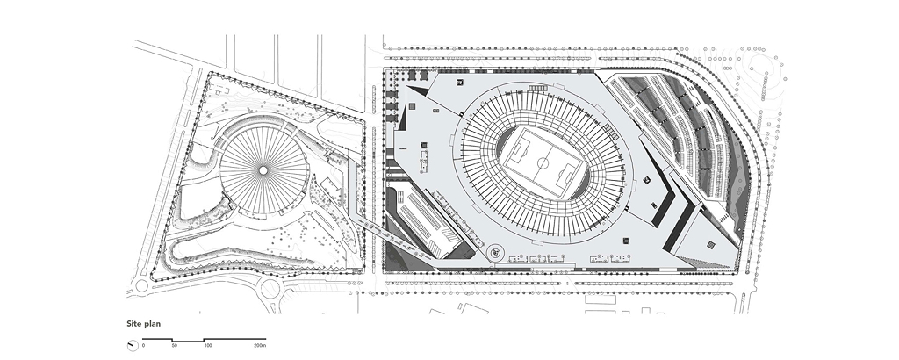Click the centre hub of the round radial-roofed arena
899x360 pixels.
coord(263,170)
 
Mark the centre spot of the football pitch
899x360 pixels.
coord(543,163)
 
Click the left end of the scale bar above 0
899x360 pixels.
coord(143,340)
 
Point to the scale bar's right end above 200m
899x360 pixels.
coord(265,340)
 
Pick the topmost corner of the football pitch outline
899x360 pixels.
coord(524,127)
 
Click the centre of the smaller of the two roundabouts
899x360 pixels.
coord(141,285)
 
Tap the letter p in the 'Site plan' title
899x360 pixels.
coord(147,325)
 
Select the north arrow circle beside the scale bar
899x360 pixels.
coord(133,346)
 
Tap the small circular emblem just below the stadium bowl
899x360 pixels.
coord(495,251)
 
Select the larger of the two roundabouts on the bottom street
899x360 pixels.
coord(270,289)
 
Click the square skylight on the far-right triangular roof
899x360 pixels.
coord(711,245)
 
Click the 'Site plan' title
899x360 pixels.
coord(144,324)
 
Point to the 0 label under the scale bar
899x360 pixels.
coord(143,346)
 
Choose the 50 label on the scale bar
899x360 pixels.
coord(175,346)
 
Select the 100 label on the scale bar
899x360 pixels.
coord(208,346)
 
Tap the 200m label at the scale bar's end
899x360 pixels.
coord(260,346)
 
